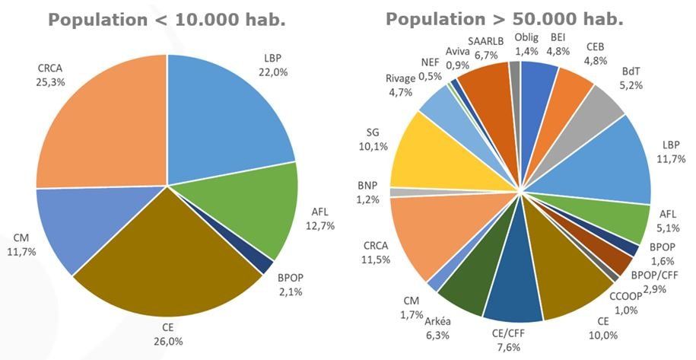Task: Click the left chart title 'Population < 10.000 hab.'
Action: click(x=167, y=20)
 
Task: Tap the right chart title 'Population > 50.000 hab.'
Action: click(x=504, y=19)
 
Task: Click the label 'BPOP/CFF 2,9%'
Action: click(x=655, y=282)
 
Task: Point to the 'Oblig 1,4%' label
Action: click(x=526, y=45)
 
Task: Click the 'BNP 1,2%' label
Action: click(x=368, y=193)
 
